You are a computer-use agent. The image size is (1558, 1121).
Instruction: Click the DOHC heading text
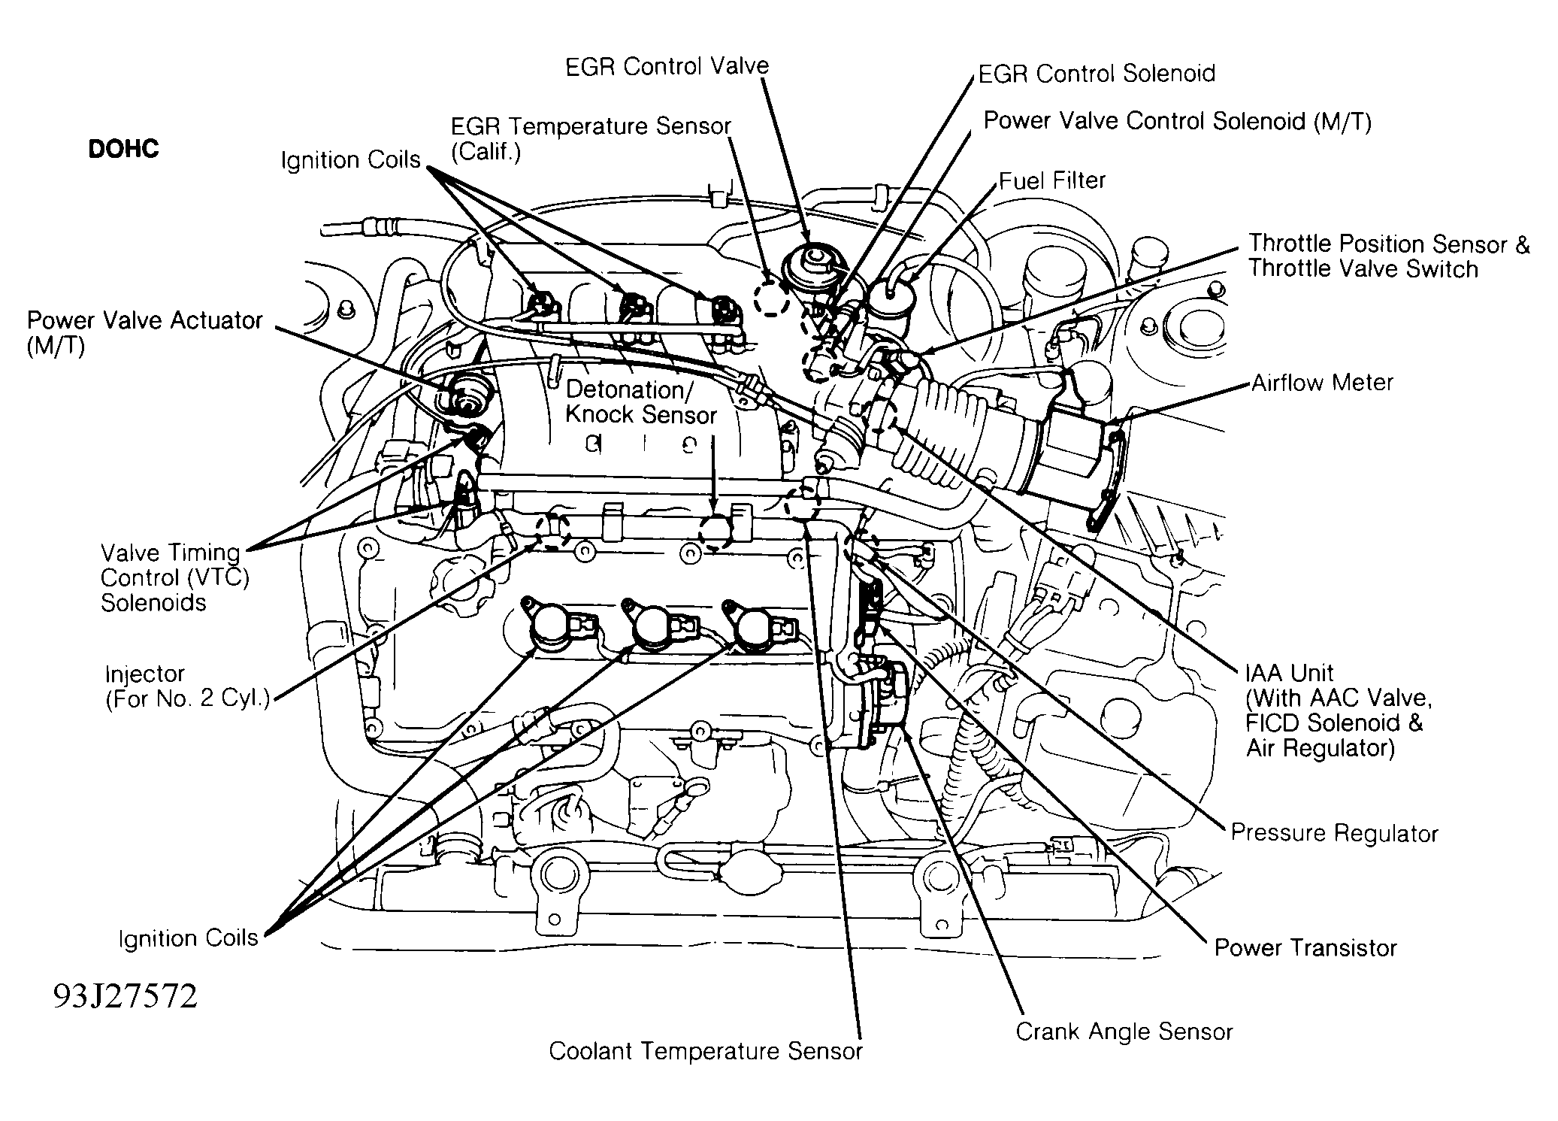point(123,149)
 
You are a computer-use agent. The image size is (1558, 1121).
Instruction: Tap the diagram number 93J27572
point(125,996)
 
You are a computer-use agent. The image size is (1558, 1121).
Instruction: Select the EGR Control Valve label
point(667,66)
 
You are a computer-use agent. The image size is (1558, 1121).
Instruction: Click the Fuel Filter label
point(1052,180)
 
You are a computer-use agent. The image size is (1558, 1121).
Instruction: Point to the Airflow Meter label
point(1322,383)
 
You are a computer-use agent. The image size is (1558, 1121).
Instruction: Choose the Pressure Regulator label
point(1334,833)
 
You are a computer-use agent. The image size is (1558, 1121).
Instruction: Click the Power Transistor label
point(1305,947)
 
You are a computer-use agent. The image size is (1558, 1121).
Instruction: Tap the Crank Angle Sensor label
point(1124,1032)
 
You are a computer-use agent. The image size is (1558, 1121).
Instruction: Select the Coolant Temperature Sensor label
point(706,1051)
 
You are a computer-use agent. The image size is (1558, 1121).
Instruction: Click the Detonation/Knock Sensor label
point(641,402)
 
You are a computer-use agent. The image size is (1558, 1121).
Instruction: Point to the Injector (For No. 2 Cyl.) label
point(187,686)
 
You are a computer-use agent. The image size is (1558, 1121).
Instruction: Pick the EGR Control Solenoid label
point(1097,73)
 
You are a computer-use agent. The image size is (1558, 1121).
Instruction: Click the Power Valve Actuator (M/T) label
point(145,332)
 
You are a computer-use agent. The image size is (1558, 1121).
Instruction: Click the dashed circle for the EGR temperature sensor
point(772,298)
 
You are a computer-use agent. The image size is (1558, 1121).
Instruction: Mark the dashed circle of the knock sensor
point(715,531)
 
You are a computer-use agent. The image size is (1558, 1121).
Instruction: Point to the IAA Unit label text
point(1290,673)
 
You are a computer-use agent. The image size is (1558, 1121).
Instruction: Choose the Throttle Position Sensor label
point(1389,244)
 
